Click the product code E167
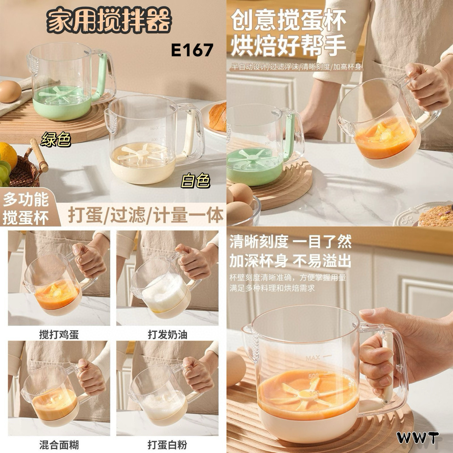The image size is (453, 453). pos(192,50)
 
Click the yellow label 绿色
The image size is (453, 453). pos(56,140)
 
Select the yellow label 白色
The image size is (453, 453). pos(195,181)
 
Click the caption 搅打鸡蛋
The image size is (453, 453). pos(59,334)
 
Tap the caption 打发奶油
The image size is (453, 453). pos(168,334)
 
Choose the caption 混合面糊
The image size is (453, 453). pos(59,444)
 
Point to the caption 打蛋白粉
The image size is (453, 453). pos(168,444)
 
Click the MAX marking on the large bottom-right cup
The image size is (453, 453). pos(313,358)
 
